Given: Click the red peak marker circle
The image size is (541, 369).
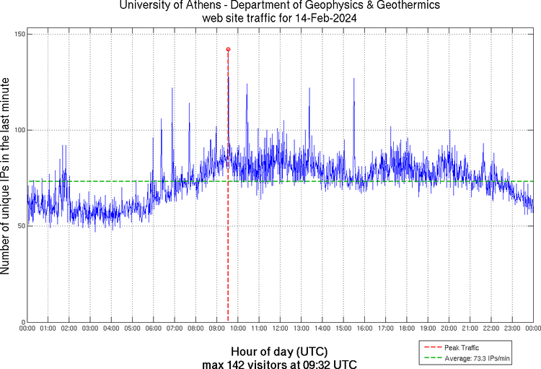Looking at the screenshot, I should click(228, 49).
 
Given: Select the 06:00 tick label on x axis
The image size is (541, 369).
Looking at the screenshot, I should click(154, 329).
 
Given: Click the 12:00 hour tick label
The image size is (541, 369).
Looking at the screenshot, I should click(280, 329).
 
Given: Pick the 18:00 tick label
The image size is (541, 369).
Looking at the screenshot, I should click(407, 329).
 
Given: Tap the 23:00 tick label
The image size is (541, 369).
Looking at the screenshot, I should click(512, 329).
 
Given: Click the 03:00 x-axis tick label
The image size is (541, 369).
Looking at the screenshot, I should click(90, 329).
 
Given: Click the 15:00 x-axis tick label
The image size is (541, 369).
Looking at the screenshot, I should click(343, 329).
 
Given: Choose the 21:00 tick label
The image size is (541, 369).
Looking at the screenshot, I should click(470, 329).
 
